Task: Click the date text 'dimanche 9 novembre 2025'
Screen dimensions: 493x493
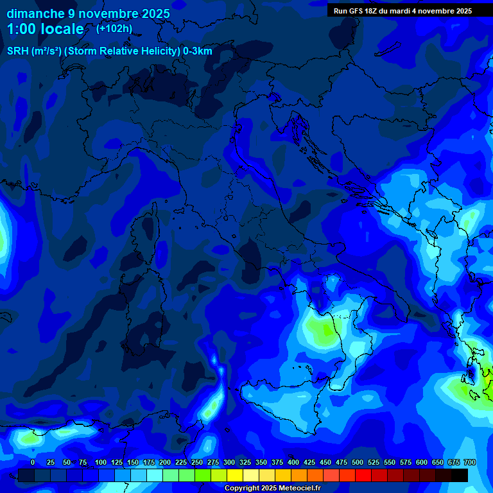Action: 89,13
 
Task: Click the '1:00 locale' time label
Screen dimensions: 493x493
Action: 46,29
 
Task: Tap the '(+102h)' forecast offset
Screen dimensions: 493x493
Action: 114,28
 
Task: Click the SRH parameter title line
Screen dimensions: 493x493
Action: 110,51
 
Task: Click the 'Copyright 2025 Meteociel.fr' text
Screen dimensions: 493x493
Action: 272,488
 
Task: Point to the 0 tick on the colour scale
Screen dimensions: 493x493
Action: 33,462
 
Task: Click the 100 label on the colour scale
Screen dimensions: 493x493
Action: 100,462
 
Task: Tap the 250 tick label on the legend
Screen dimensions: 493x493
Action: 196,462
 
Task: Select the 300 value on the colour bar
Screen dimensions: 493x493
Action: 229,462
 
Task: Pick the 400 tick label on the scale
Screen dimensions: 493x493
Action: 293,462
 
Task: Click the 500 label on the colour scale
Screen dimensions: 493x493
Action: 357,462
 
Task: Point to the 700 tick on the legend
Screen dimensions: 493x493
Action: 469,462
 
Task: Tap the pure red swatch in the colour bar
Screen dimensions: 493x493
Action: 363,476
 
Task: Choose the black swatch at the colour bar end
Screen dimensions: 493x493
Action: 460,476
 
